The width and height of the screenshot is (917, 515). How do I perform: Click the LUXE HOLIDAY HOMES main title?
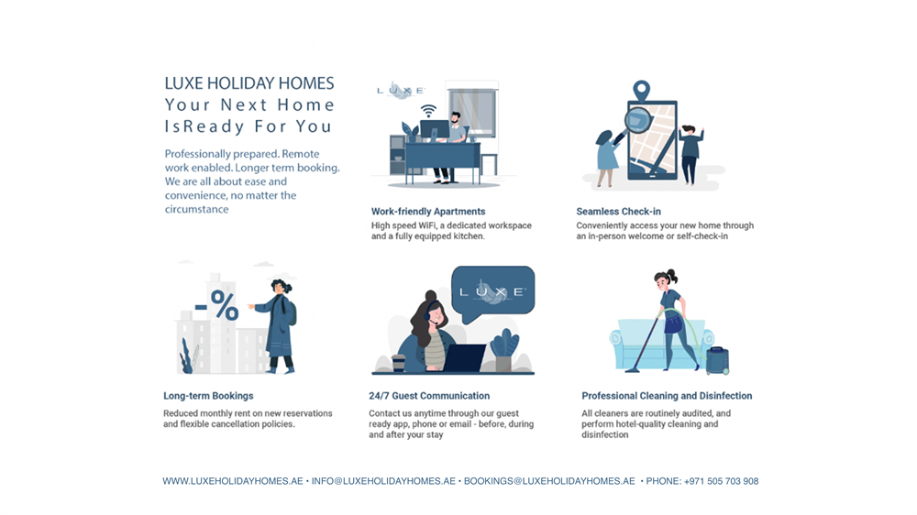249,83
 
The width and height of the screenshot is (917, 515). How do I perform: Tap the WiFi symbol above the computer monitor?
428,111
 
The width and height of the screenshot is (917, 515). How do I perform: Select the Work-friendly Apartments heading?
428,212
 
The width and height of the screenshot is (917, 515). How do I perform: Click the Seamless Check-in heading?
618,212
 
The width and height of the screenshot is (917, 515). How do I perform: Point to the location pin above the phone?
642,90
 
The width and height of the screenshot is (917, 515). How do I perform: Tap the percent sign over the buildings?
224,305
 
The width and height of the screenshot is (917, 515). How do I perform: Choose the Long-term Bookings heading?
208,396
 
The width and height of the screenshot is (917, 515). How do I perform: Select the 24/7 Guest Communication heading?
429,396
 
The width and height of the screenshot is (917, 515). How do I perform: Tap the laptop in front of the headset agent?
465,357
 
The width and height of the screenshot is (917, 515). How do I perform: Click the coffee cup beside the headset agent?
398,363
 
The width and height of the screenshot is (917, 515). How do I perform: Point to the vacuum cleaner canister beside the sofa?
718,360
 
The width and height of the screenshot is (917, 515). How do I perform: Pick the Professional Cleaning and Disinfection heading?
667,396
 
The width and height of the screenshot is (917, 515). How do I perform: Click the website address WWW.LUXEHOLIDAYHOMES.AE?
233,481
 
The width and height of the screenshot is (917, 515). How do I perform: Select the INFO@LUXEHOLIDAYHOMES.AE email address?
383,481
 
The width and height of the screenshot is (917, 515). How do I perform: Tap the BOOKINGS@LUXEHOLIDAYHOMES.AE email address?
549,481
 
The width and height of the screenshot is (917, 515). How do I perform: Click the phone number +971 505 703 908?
721,481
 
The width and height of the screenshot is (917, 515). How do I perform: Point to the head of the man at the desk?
456,118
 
